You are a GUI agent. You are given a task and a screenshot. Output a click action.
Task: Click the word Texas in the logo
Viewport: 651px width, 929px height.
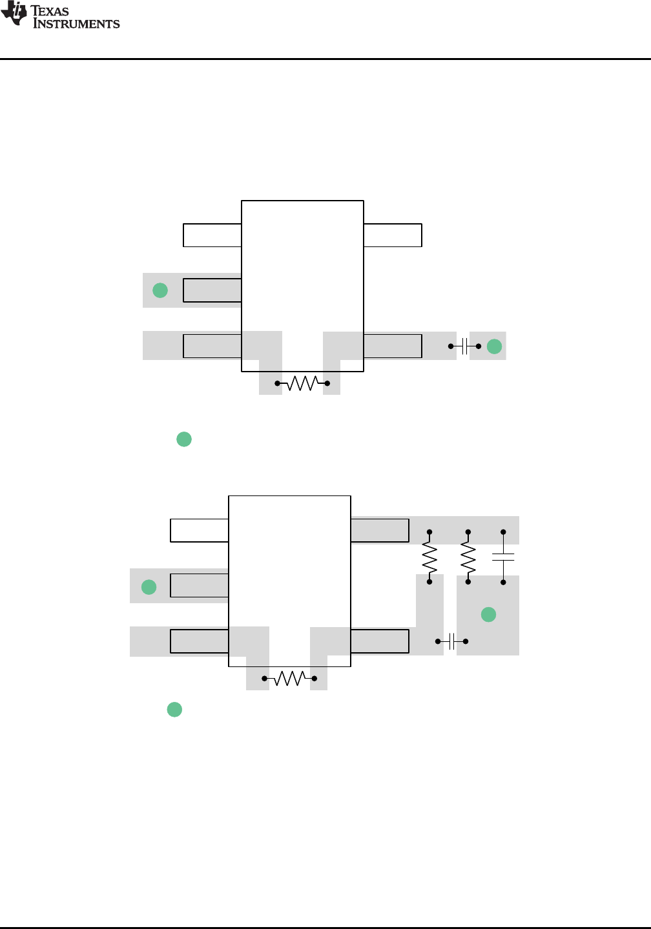(49, 11)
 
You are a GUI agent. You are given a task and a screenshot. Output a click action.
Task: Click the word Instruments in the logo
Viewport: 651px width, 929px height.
(76, 24)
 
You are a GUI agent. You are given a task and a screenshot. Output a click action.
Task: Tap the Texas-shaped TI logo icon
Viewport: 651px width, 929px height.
(14, 13)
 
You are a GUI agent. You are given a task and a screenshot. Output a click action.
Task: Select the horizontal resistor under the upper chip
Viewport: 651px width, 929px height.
(302, 383)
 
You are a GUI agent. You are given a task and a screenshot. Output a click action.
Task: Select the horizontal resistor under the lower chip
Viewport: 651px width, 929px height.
(289, 679)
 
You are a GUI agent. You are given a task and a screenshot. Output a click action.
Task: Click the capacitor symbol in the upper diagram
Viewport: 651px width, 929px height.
(464, 346)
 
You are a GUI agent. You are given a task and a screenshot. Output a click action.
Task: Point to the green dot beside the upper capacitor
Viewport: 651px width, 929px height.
(494, 346)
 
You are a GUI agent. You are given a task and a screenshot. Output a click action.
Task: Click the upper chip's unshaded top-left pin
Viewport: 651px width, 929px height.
(212, 235)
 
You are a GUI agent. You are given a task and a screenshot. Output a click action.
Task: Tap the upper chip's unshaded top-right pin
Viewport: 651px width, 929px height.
(393, 235)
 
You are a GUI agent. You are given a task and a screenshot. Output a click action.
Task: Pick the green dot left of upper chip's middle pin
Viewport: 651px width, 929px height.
(160, 290)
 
